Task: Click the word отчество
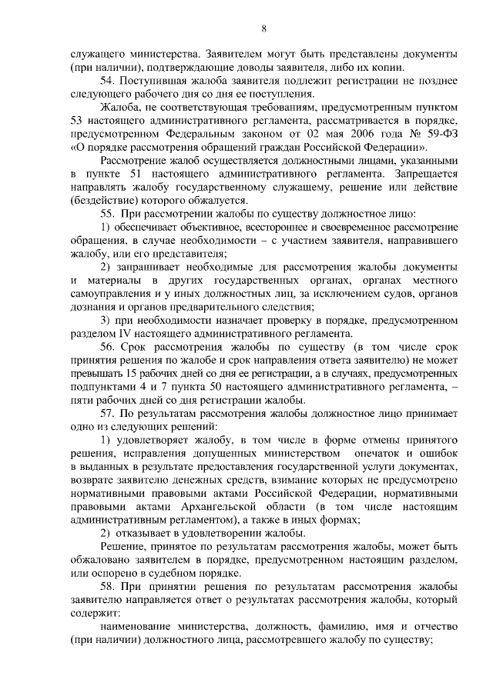434,627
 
